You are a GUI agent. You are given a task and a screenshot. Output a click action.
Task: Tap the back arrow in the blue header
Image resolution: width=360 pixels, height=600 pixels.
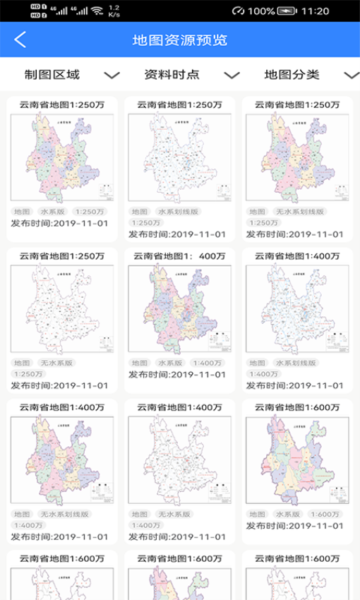[x=20, y=40]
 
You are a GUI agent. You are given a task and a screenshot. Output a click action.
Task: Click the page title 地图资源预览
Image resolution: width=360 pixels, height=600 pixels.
[x=180, y=40]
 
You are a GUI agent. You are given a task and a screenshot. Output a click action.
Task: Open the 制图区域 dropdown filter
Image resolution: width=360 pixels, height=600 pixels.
[x=52, y=75]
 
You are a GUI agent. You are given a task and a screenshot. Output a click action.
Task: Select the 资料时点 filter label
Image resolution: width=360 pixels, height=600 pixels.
[x=172, y=75]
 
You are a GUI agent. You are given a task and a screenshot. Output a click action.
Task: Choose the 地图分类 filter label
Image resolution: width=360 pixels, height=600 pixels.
[x=292, y=75]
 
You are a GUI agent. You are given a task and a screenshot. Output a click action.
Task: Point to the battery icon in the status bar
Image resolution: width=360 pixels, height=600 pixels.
[x=287, y=11]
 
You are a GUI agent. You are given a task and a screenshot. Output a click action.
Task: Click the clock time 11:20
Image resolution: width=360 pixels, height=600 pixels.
[x=315, y=11]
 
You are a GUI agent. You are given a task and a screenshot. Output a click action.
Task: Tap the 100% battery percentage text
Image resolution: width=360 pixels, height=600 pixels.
[x=261, y=11]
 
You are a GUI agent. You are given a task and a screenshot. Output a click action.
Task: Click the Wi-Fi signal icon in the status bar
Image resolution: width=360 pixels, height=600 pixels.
[x=97, y=11]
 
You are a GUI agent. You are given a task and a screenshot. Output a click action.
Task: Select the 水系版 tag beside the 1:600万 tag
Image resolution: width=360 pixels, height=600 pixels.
[x=287, y=514]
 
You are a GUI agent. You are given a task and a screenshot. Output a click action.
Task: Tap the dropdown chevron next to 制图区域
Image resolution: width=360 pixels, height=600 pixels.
[x=112, y=75]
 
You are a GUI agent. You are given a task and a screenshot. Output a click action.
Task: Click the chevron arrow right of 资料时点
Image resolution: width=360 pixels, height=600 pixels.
[x=232, y=75]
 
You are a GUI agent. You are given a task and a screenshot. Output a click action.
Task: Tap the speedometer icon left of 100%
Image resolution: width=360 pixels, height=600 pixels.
[x=238, y=11]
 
